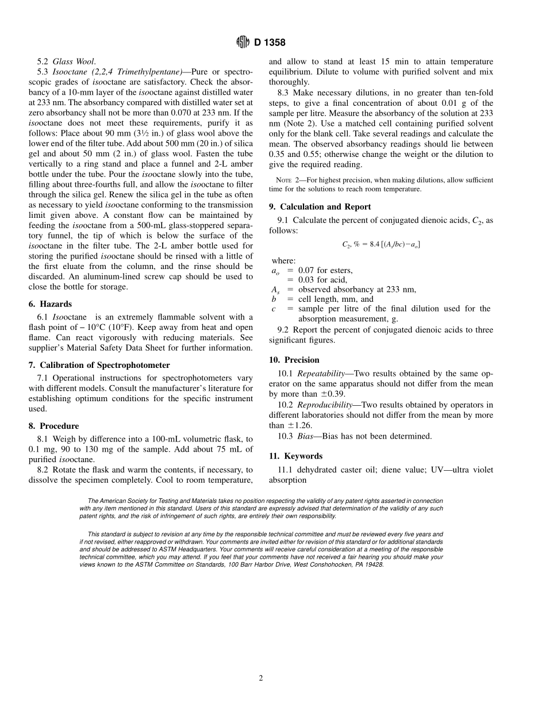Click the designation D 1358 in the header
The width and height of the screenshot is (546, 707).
click(268, 43)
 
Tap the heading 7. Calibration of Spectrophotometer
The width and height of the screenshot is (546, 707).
click(99, 365)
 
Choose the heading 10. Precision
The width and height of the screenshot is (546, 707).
click(294, 360)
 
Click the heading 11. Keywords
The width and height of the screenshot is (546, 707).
click(296, 456)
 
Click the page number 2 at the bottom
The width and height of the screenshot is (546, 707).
click(261, 678)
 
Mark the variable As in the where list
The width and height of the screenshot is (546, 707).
click(275, 290)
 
